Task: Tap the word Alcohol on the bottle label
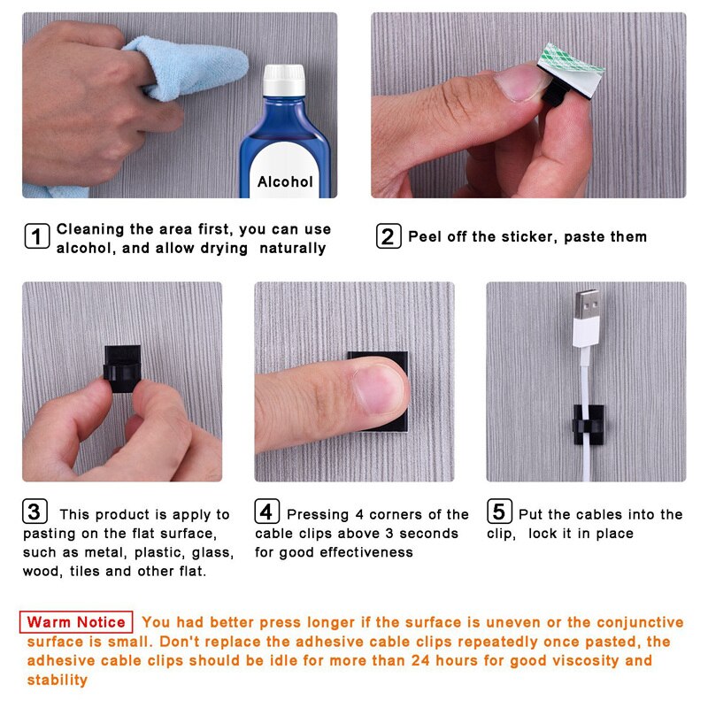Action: [x=285, y=181]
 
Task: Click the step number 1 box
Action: [x=36, y=237]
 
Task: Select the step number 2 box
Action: [x=387, y=236]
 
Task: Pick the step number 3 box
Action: [x=35, y=512]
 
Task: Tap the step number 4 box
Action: [x=267, y=512]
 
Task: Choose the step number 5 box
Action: [x=499, y=512]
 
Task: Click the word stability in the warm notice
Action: [x=57, y=680]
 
